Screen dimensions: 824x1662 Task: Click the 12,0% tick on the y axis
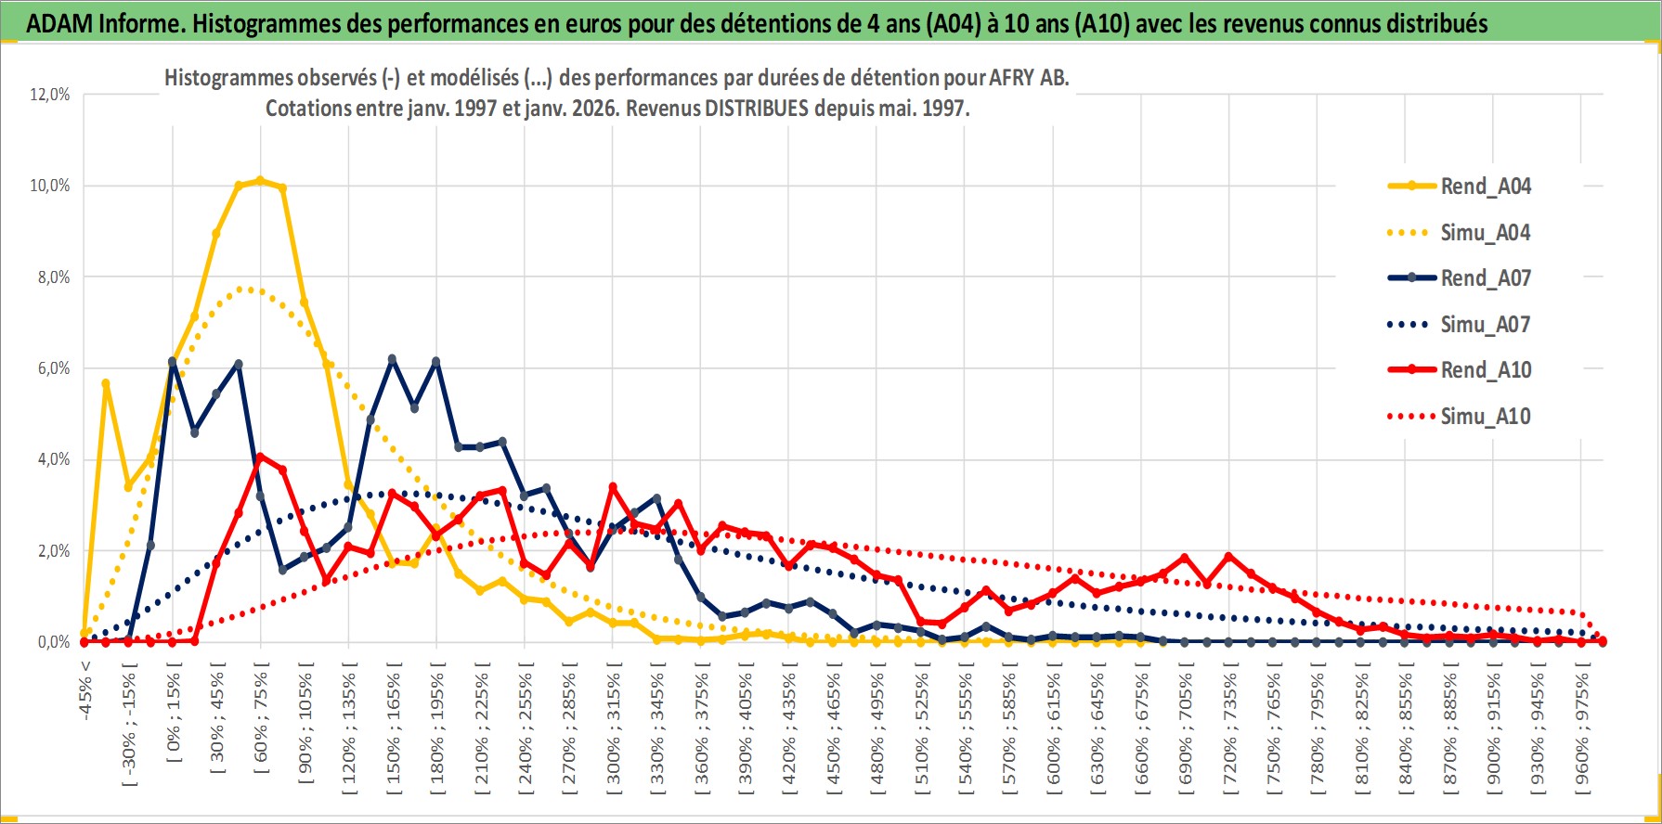(50, 95)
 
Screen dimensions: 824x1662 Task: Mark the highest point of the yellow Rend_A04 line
(260, 181)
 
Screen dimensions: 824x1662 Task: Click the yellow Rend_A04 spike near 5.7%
(106, 383)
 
